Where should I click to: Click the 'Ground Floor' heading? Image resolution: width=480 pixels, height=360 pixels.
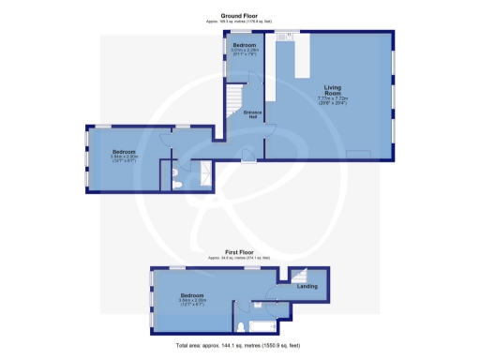239,15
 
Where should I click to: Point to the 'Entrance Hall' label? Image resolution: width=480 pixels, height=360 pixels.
252,115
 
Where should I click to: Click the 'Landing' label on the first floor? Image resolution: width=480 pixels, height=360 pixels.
307,286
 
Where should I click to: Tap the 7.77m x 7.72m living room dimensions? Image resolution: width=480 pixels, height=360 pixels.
328,101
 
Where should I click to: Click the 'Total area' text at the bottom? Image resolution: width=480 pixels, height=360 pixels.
240,346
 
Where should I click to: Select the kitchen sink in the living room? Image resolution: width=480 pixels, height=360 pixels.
289,37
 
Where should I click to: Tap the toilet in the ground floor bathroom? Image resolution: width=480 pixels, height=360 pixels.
177,184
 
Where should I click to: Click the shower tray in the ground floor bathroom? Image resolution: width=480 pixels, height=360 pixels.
200,175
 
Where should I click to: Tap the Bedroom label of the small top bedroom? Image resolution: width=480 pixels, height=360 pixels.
245,46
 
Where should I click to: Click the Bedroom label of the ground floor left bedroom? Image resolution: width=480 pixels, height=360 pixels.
125,152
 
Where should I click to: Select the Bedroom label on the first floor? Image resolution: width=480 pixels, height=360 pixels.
193,294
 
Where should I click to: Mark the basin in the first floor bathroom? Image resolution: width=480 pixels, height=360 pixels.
256,305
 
